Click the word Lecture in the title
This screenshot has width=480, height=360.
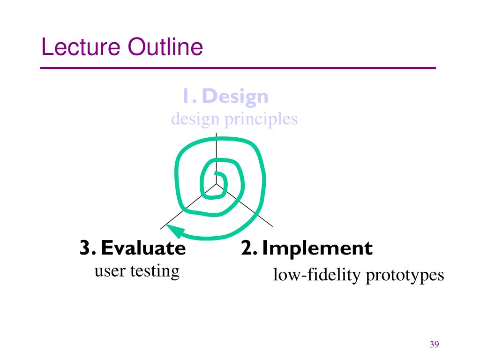coord(79,47)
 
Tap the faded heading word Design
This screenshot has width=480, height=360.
coord(236,97)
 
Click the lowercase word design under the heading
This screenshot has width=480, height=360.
coord(195,119)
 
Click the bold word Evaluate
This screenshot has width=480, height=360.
coord(143,248)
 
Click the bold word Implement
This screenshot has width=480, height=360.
coord(317,248)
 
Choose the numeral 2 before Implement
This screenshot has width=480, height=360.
coord(247,248)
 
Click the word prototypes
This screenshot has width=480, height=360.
coord(405,275)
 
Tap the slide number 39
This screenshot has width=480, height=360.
coord(434,345)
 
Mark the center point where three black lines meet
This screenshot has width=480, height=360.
coord(216,184)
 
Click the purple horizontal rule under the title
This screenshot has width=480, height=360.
coord(238,68)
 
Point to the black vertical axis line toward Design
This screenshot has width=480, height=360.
coord(216,145)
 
